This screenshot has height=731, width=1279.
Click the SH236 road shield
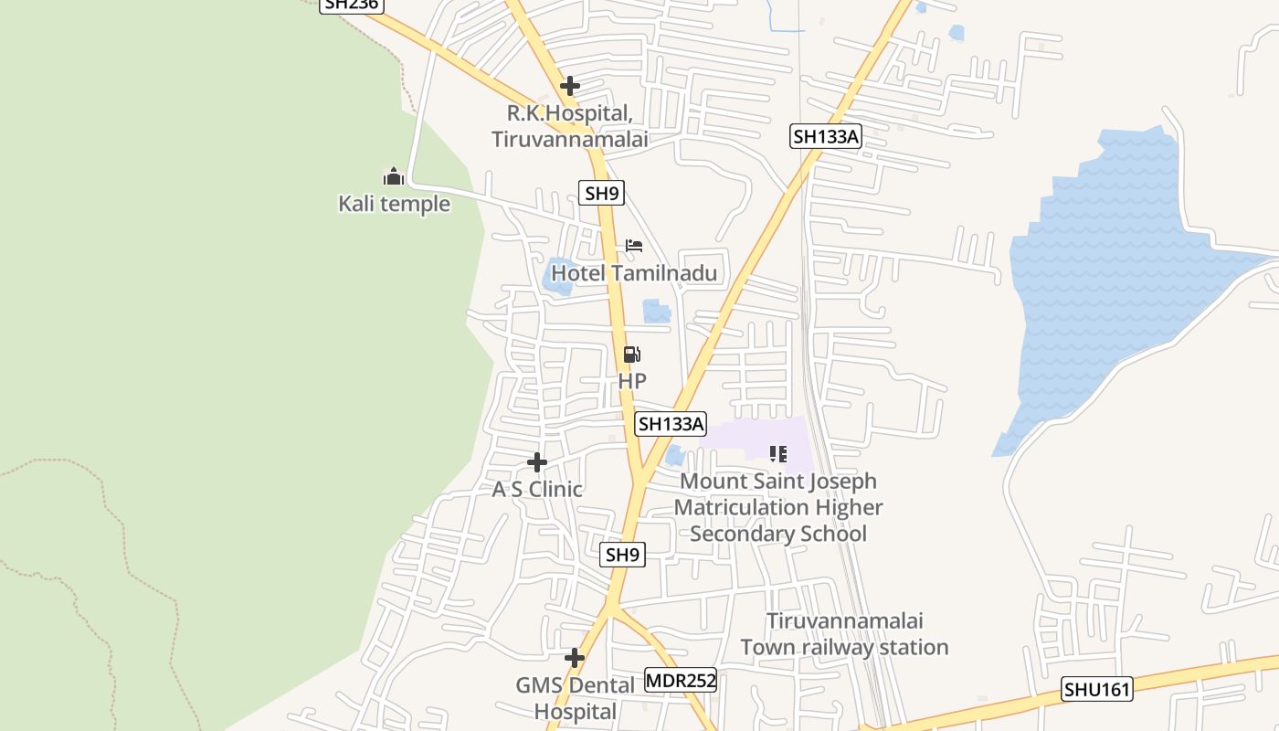351,5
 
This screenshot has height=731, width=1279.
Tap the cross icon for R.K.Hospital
570,86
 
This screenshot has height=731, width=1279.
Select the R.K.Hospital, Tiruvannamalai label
570,126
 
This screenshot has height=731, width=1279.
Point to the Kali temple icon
394,176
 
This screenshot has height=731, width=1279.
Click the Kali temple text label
395,203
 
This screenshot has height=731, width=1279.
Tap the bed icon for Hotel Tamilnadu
634,246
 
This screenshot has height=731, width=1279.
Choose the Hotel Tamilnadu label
634,273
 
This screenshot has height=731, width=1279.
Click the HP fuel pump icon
632,355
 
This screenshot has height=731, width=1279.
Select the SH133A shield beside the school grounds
671,423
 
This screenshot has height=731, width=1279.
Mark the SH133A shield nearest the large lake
827,137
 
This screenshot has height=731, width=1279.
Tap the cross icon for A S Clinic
537,462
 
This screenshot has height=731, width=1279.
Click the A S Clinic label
537,489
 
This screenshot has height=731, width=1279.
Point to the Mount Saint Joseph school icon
778,453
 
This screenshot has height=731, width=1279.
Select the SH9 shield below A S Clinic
623,555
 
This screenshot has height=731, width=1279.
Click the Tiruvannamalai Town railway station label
844,634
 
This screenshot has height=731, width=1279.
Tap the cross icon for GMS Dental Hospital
575,658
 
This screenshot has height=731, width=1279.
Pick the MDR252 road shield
681,681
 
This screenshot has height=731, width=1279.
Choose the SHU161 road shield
1097,689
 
